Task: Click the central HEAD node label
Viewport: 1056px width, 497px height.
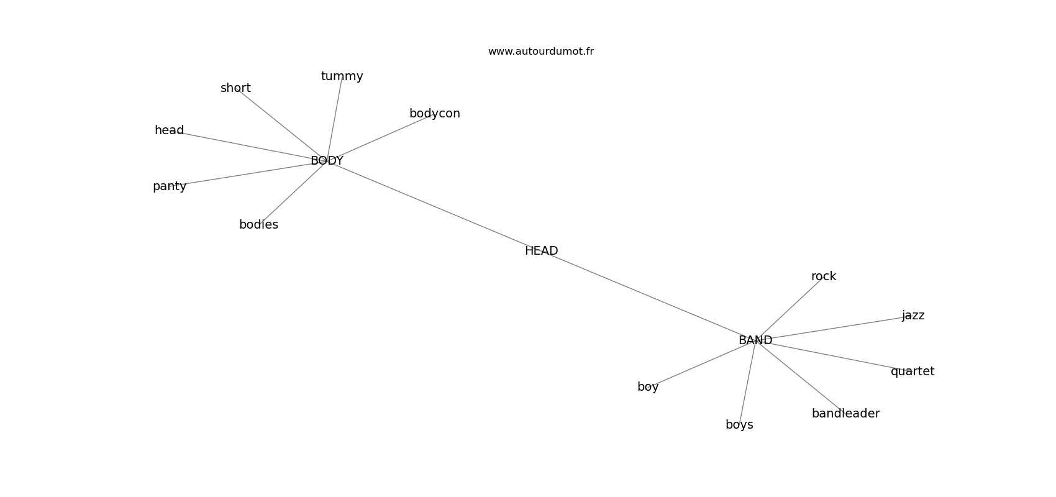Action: coord(541,251)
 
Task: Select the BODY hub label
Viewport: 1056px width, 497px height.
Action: coord(327,161)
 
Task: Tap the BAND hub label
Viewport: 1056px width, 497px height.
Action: coord(755,340)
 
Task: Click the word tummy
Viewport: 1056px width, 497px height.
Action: coord(342,76)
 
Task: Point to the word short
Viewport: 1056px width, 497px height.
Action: coord(235,88)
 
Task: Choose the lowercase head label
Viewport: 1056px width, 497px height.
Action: coord(169,130)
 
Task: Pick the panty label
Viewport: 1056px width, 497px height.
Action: coord(170,186)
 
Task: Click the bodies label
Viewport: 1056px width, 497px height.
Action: coord(258,225)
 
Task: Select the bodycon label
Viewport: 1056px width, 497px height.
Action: coord(434,114)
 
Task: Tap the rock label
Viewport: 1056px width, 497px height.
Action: coord(823,276)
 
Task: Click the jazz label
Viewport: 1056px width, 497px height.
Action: coord(913,316)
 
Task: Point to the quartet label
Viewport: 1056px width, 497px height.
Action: coord(912,372)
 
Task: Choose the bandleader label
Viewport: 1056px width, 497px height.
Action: coord(845,414)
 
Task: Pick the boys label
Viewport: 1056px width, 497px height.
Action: coord(739,425)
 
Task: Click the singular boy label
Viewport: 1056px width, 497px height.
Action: coord(647,387)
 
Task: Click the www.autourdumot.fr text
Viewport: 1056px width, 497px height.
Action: coord(540,52)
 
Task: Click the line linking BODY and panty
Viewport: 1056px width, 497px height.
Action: coord(248,173)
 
